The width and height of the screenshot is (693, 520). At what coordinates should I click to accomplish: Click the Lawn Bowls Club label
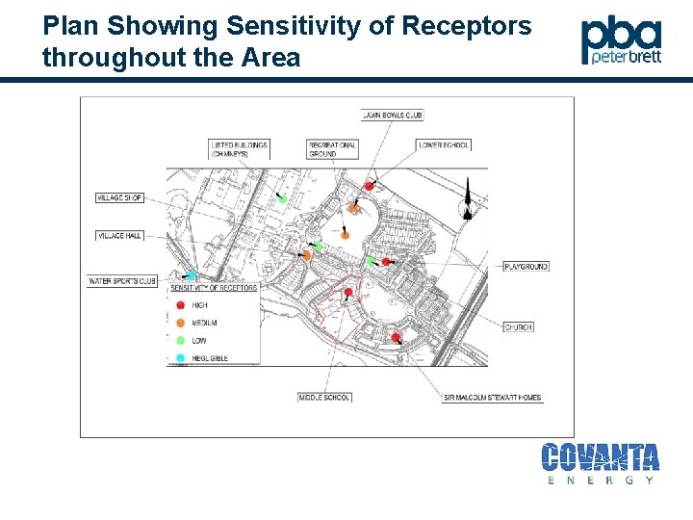point(393,116)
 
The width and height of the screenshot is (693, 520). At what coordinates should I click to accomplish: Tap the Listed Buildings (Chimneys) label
point(239,149)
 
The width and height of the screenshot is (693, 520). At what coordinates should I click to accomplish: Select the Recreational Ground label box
point(332,149)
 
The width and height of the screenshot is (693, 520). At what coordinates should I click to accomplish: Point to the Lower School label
point(444,145)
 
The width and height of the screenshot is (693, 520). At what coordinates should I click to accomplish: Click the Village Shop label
point(119,197)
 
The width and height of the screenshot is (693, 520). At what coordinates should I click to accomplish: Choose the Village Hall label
point(119,235)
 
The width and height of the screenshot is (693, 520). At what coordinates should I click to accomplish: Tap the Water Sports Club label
point(122,281)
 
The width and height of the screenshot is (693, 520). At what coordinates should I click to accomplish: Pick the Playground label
point(526,266)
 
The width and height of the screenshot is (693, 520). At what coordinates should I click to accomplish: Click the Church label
point(518,327)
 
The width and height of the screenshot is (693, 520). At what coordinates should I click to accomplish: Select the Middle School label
point(323,397)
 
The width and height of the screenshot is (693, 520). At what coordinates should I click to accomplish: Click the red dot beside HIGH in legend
point(180,305)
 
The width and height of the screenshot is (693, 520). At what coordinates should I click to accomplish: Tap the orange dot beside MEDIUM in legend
point(180,323)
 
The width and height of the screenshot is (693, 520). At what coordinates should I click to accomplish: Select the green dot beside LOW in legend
point(180,340)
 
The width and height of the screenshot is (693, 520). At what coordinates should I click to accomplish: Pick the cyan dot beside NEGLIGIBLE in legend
point(180,358)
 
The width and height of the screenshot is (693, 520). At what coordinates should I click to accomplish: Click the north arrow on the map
point(467,199)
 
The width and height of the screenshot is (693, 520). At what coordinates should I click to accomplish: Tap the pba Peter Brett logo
point(621,40)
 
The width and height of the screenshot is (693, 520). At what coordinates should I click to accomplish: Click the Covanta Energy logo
point(600,461)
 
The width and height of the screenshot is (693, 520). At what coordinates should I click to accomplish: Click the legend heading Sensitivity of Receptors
point(214,288)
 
